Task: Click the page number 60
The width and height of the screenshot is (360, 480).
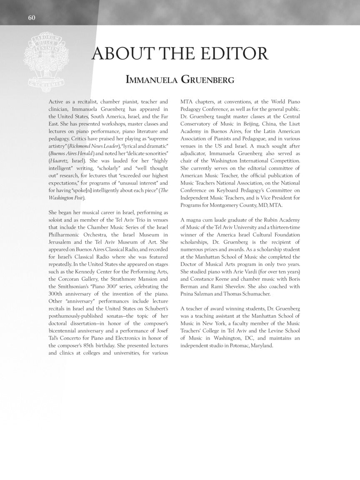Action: point(32,17)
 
